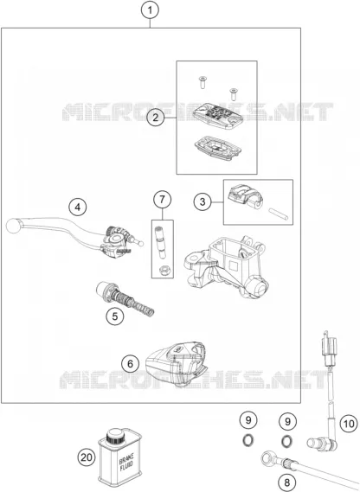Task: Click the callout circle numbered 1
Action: (x=150, y=10)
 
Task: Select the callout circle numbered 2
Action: (x=156, y=118)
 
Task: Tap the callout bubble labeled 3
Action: (x=202, y=201)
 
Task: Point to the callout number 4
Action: (x=78, y=208)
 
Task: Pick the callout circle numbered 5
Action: (x=115, y=316)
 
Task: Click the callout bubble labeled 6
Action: (x=131, y=364)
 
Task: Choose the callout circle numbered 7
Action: (x=162, y=199)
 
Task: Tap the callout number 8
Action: (x=287, y=482)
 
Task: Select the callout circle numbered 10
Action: (x=349, y=424)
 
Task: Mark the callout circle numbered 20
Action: (x=87, y=457)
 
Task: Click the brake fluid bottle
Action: (x=119, y=457)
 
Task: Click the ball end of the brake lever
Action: (x=13, y=226)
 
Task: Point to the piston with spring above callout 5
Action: (x=125, y=298)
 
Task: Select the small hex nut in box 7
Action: (x=163, y=270)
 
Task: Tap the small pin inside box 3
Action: (x=278, y=214)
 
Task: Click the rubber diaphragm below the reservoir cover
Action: (x=216, y=148)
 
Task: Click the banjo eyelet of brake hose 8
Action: (x=267, y=458)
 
